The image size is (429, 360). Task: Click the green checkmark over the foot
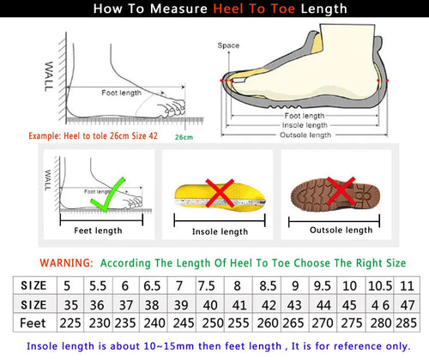(x=110, y=193)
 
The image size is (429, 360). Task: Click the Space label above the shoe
(x=228, y=45)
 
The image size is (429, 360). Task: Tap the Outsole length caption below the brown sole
(x=319, y=230)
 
